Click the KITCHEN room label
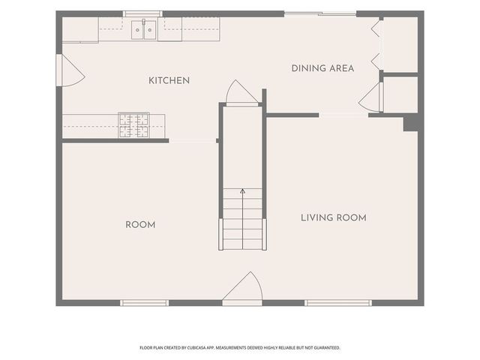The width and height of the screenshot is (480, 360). pos(169,80)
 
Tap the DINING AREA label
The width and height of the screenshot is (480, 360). pos(322,68)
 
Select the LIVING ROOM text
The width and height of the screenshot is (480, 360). pos(333,217)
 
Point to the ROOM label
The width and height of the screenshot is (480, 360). pos(140,225)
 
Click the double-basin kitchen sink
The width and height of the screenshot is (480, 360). pos(143,30)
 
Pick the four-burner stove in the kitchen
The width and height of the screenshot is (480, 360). pos(134,125)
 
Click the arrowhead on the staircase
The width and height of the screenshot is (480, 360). pos(242,191)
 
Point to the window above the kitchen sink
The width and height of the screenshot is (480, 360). pos(143,13)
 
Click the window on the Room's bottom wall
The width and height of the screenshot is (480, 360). pos(144,303)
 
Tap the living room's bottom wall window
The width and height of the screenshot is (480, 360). pos(338,303)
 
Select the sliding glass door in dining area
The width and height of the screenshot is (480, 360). pos(320,13)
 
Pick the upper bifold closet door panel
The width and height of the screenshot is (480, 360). pos(376,28)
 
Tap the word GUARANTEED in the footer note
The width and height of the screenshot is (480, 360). pos(328,348)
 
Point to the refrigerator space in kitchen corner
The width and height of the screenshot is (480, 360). pos(80,30)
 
